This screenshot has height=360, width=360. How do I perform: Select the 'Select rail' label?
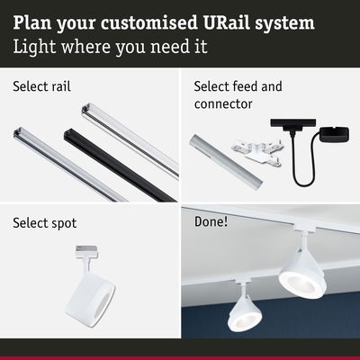tap(42, 87)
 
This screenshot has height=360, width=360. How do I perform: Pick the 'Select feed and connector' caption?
tap(238, 95)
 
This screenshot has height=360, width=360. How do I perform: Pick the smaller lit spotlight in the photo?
tap(243, 308)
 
